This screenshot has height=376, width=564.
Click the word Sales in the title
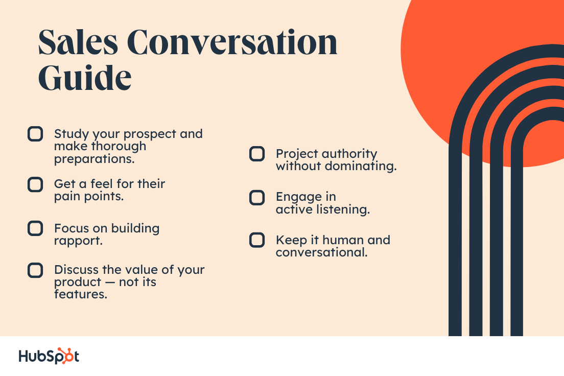pos(78,42)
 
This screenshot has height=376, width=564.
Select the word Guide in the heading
pos(85,77)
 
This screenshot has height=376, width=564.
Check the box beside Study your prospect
pos(35,134)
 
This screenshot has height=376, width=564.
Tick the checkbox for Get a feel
pos(35,184)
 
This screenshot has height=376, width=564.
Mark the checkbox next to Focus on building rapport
pos(35,228)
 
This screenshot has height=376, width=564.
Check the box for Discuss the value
pos(35,271)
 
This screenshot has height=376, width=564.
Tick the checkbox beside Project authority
pos(257,154)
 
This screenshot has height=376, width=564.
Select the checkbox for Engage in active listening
pos(257,198)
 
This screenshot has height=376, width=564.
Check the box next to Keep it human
pos(257,240)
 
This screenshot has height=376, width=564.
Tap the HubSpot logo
pos(49,356)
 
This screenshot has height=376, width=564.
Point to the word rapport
pos(78,241)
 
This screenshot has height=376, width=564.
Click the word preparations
pos(94,159)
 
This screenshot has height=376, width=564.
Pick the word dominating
pos(361,167)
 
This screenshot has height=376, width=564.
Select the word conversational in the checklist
pos(321,252)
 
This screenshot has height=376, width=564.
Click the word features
pos(81,294)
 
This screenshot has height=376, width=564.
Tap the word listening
pos(343,209)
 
